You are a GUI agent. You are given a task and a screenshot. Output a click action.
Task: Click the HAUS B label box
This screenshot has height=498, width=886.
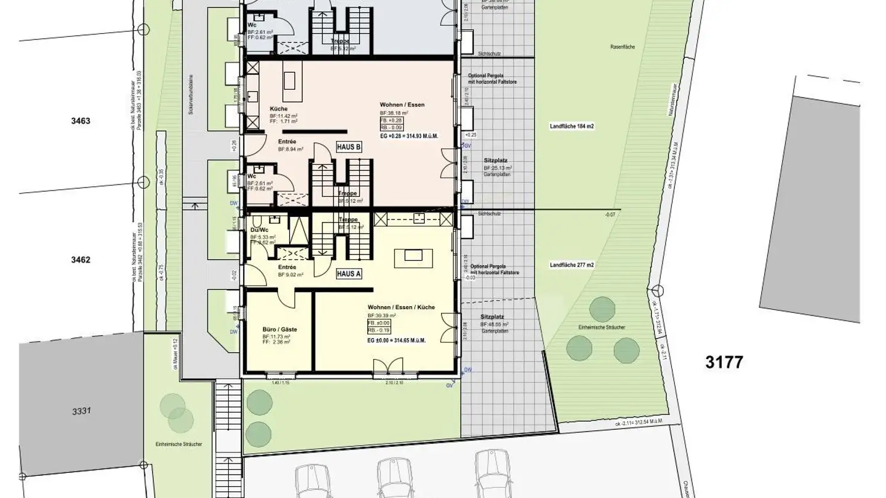(348, 147)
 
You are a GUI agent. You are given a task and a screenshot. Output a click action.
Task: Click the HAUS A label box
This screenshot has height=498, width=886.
(348, 274)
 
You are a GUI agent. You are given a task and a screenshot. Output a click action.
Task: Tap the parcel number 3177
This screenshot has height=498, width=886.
(724, 362)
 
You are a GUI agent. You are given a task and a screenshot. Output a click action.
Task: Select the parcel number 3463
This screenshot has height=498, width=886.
(80, 121)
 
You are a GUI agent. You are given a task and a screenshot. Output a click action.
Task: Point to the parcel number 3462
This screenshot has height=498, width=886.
(80, 260)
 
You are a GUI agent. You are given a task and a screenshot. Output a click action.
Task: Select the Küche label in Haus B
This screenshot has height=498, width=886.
(279, 108)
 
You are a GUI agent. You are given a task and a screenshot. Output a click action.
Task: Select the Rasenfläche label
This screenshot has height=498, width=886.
(623, 47)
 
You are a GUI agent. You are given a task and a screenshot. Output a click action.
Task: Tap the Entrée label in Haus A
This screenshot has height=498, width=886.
(287, 267)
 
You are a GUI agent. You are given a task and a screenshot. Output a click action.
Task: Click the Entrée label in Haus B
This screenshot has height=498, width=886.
(287, 141)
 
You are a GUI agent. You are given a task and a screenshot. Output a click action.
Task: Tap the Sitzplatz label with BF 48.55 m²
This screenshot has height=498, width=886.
(491, 316)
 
